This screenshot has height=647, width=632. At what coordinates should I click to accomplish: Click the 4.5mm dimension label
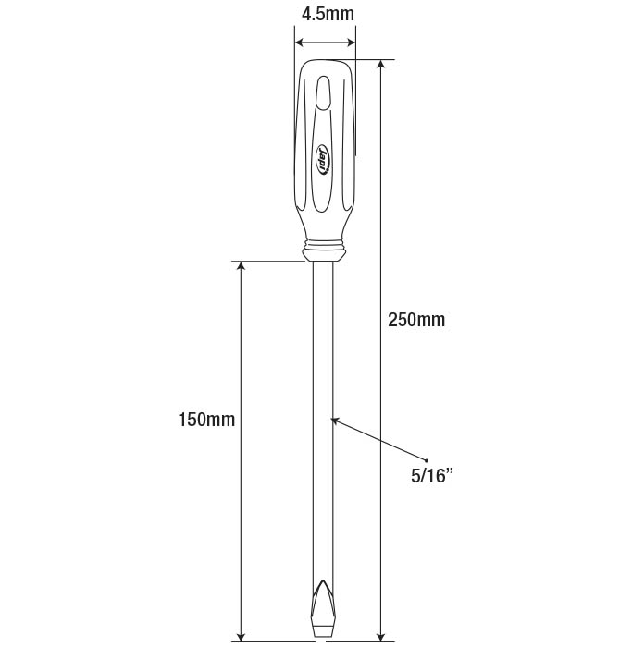[328, 14]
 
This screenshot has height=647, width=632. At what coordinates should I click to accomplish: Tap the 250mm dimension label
[416, 320]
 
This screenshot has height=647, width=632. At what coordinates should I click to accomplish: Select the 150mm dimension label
[206, 420]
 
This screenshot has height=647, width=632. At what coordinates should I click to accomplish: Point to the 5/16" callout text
[431, 476]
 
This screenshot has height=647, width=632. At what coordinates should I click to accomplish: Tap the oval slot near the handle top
[323, 92]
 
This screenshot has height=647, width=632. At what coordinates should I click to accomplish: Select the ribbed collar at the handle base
[323, 250]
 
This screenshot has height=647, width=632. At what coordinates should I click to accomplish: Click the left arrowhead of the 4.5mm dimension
[299, 43]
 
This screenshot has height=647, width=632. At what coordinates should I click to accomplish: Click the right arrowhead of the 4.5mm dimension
[351, 43]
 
